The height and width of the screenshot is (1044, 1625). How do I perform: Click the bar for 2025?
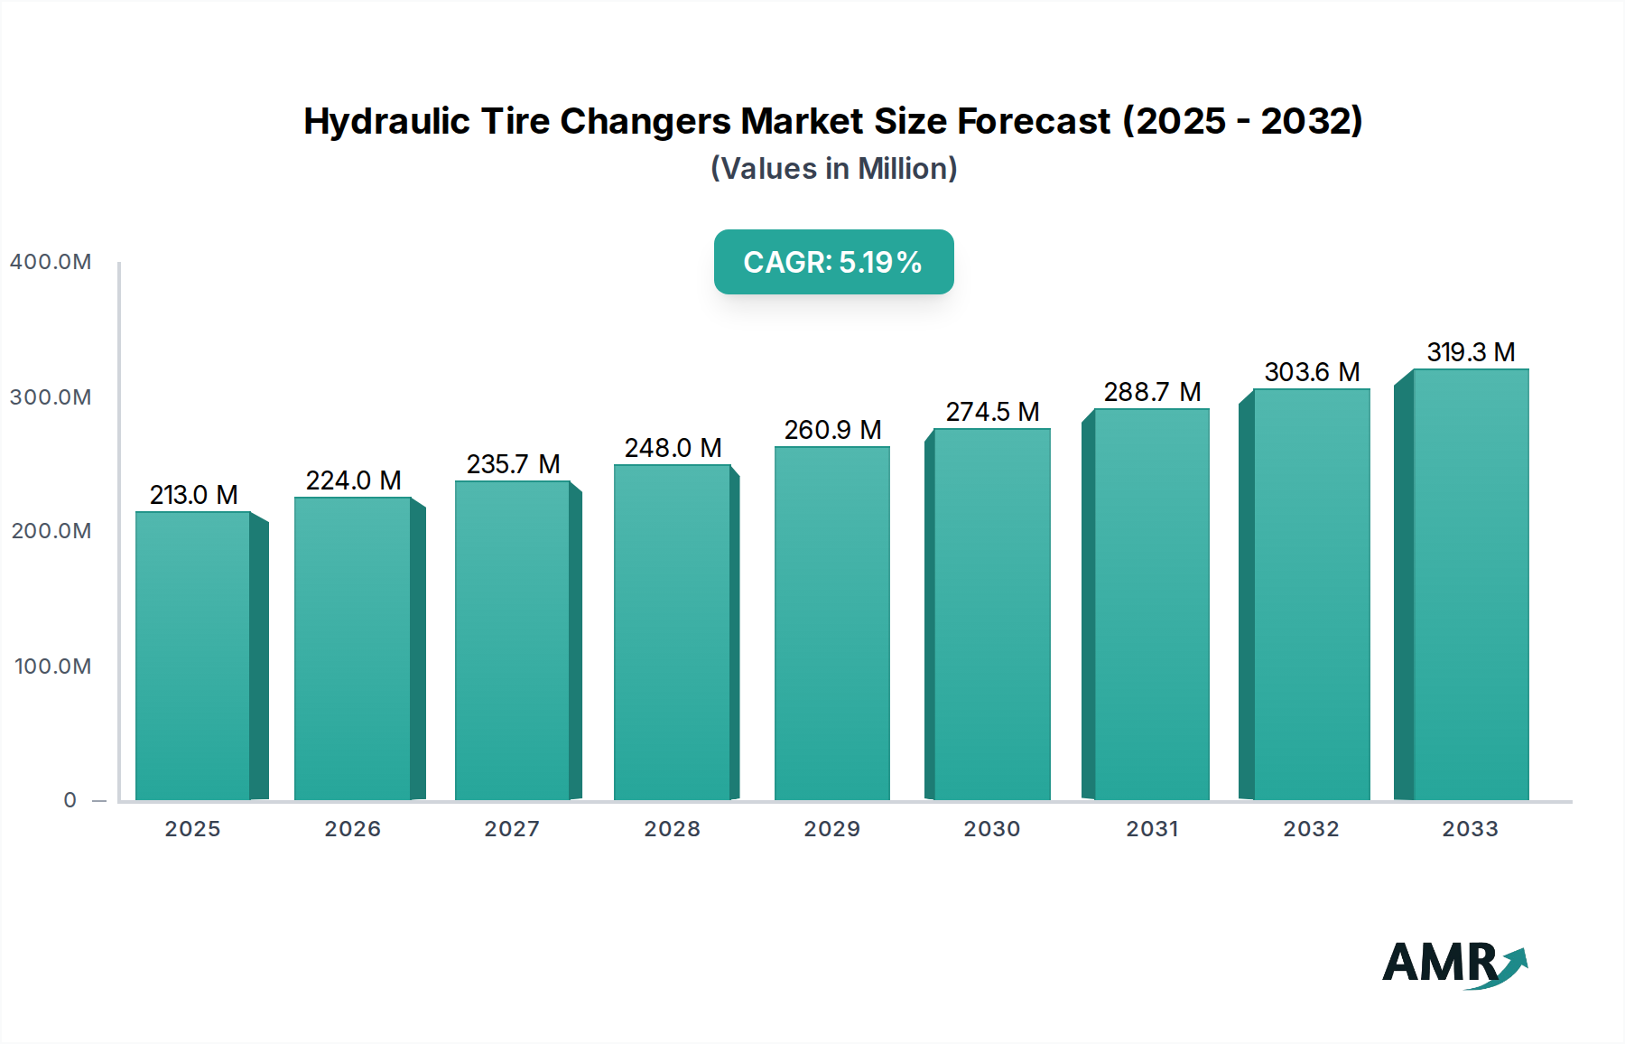click(193, 656)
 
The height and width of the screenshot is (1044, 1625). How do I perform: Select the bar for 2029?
click(831, 623)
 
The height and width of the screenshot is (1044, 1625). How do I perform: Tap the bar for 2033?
click(1470, 584)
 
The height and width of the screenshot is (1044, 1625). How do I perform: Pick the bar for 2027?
click(512, 640)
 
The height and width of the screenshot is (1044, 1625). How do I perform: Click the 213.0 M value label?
click(193, 495)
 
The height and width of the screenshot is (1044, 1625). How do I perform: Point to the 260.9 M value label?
click(832, 430)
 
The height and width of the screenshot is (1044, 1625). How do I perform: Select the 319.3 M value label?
click(1471, 352)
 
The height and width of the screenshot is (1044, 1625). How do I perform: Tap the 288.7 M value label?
click(1152, 392)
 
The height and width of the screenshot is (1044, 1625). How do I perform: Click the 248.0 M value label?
click(673, 448)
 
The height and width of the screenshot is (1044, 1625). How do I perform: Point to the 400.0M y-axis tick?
click(51, 262)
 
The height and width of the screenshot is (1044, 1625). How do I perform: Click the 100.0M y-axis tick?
click(52, 666)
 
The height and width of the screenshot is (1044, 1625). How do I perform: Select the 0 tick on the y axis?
click(70, 800)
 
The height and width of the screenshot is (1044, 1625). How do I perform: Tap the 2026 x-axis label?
click(353, 829)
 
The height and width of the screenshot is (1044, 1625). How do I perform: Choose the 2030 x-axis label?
click(991, 829)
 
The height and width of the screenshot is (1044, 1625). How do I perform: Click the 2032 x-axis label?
click(1311, 829)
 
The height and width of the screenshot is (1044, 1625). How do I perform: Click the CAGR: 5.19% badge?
click(833, 262)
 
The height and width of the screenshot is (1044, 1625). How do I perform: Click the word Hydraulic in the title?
click(386, 121)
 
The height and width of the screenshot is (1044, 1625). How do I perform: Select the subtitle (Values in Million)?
click(833, 169)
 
